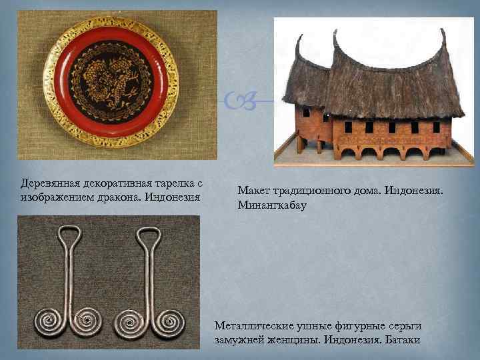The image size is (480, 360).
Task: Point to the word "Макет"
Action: coord(253,191)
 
